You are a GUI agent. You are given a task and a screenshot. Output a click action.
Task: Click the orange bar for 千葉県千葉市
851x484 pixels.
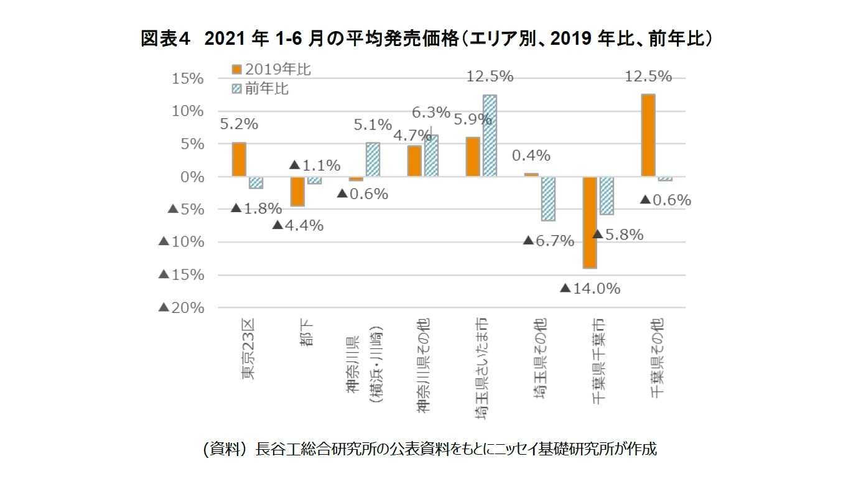coord(590,222)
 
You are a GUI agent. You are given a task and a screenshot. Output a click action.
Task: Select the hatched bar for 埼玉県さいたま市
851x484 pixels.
coord(490,136)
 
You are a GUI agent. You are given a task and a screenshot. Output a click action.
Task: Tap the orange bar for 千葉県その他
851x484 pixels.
coord(648,136)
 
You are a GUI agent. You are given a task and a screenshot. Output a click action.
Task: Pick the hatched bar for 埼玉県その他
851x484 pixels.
coord(547,198)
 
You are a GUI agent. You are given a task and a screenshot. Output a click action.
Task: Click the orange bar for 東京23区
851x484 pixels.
coord(239,160)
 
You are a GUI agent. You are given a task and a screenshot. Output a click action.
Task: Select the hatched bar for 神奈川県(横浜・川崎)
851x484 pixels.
coord(373,160)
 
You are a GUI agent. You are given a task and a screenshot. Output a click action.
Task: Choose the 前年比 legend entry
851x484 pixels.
coord(261,88)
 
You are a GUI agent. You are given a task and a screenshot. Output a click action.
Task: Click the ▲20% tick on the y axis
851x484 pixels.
coord(181,308)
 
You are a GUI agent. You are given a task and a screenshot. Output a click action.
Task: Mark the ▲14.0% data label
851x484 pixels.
coord(590,289)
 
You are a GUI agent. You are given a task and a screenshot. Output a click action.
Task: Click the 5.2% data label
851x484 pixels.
coord(239,124)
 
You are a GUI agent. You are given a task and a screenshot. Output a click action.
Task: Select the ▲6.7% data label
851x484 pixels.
coord(547,241)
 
